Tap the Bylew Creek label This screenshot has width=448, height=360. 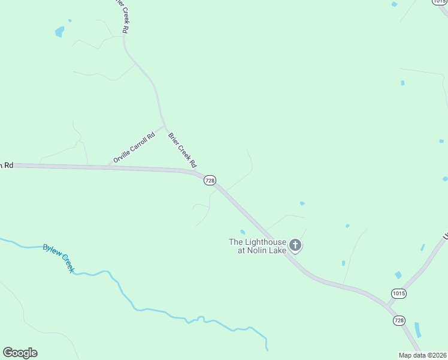click(59, 258)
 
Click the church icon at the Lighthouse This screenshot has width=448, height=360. click(295, 245)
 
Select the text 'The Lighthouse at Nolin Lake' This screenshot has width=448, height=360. click(258, 246)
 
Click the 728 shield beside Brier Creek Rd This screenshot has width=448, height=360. click(210, 180)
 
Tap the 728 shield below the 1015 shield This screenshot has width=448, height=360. click(399, 320)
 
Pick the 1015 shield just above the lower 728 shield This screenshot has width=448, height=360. click(399, 293)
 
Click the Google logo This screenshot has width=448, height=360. click(20, 353)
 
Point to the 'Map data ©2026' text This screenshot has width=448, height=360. click(422, 355)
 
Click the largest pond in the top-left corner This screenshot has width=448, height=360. click(59, 31)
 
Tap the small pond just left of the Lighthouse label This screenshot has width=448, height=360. click(243, 232)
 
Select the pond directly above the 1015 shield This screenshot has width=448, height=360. click(398, 275)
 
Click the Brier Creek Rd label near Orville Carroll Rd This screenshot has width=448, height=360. click(183, 150)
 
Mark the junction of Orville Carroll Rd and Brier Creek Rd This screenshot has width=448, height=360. click(164, 127)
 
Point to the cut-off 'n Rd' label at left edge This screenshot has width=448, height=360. click(7, 164)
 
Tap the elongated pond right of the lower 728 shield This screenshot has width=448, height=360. click(417, 329)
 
